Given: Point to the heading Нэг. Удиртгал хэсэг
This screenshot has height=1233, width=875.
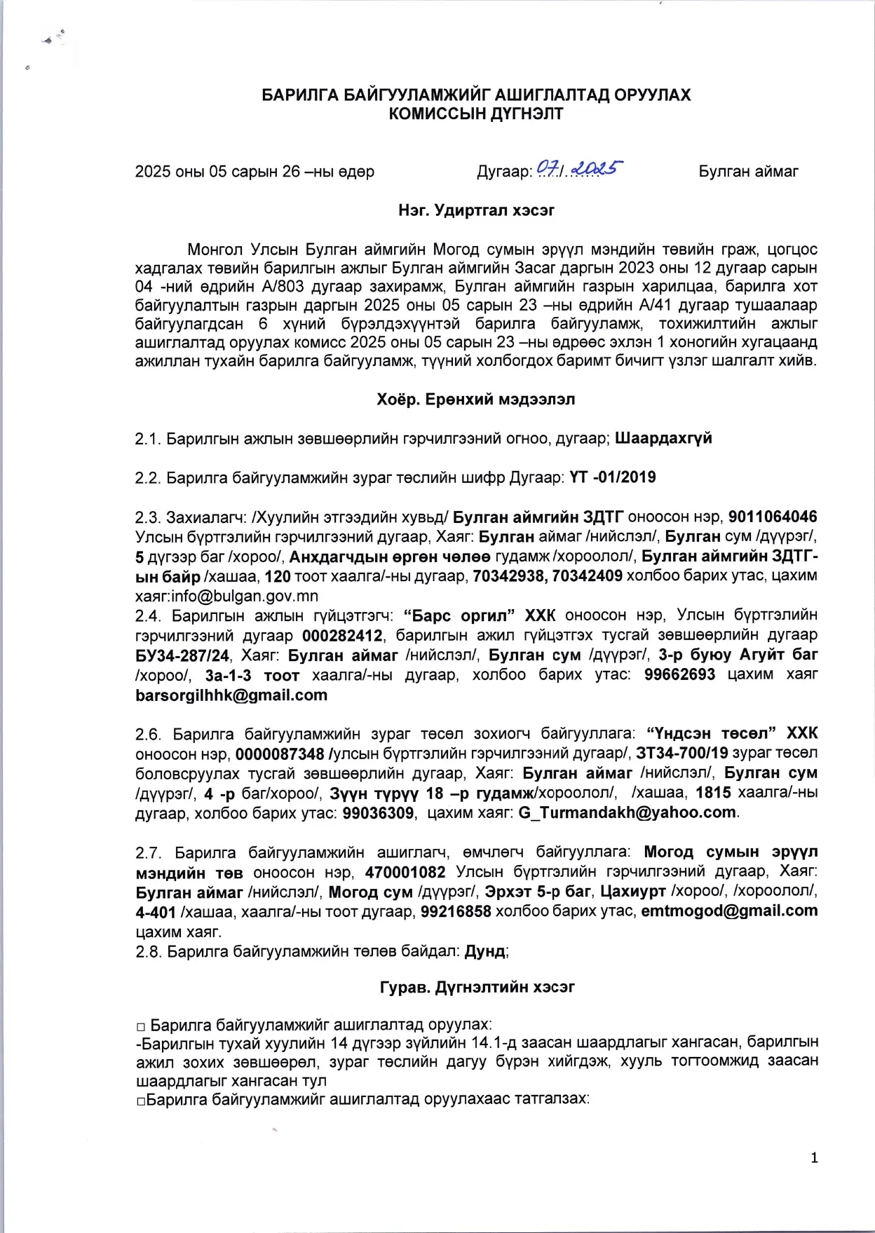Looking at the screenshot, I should (476, 210).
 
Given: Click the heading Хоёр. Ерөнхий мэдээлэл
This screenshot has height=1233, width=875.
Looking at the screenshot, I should (476, 399).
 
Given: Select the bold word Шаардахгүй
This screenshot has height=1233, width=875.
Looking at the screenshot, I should (663, 438).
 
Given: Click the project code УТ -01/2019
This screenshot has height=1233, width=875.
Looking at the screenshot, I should (613, 477).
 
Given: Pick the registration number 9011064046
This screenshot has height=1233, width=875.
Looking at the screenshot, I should (773, 517).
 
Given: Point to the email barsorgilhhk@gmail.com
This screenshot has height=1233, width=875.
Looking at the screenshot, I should (231, 695).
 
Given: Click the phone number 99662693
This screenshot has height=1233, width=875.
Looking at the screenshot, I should (679, 674).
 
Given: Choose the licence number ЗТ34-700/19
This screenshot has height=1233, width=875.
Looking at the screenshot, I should (681, 753).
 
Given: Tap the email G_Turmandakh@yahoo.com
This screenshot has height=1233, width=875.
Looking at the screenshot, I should (627, 812).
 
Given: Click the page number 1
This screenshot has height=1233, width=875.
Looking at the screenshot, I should (814, 1158).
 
